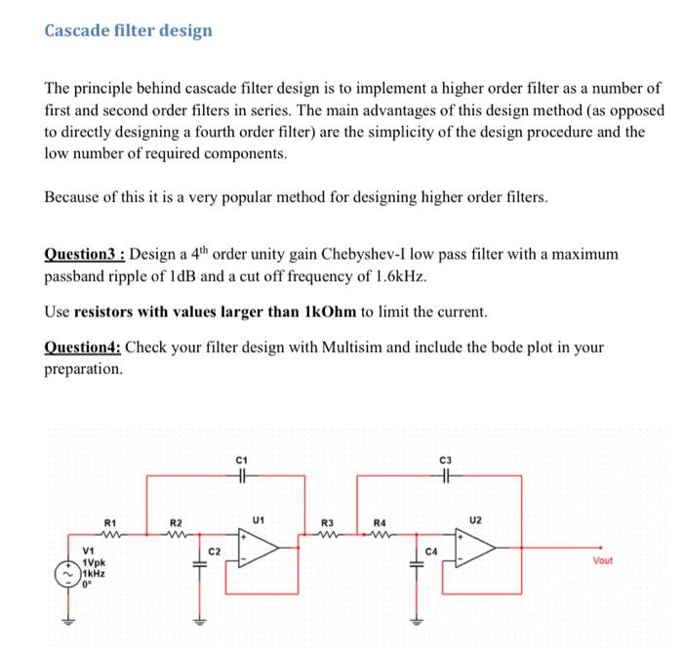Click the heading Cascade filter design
128,30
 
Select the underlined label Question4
81,347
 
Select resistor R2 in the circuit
178,533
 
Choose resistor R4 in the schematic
382,533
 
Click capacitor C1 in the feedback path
243,476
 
